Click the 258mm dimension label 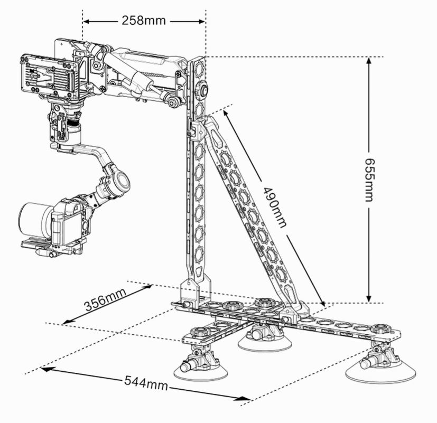tap(143, 21)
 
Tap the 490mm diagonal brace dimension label tap(274, 206)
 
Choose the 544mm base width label tap(146, 382)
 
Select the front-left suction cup tap(201, 368)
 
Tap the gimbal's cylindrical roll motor tap(117, 180)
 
